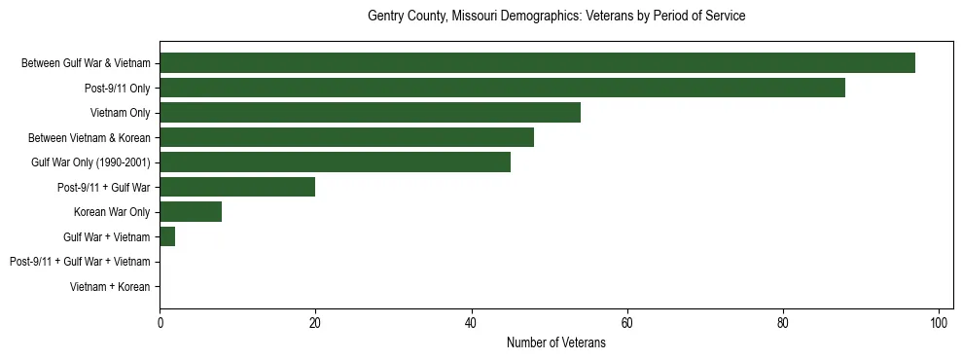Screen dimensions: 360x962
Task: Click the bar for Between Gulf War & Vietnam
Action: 537,63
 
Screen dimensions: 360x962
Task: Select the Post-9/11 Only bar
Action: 502,88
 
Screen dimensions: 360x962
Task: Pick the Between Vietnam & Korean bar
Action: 346,137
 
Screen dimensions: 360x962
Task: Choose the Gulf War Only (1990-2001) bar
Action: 335,162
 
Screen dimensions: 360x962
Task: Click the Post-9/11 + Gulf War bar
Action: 237,187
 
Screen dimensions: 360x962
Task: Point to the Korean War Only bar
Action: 191,212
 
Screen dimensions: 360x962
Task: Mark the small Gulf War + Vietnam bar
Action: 167,236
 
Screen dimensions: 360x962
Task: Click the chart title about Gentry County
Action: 556,17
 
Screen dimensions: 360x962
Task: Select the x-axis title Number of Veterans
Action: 556,342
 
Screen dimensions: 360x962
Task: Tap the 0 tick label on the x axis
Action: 160,323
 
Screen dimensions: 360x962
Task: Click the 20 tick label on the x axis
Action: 315,323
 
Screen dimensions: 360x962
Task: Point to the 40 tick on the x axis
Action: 471,323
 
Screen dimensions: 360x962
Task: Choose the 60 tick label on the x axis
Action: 627,323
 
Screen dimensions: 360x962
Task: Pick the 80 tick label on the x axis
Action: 783,323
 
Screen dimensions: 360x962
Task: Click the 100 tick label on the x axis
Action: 939,323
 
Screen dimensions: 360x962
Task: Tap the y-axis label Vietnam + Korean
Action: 110,287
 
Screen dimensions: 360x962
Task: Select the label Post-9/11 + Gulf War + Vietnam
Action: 80,262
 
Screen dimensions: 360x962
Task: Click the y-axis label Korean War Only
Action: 112,212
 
